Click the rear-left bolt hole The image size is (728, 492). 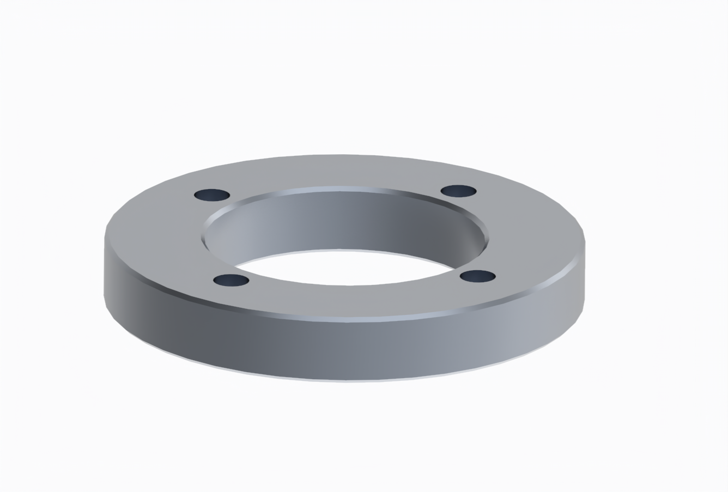[212, 195]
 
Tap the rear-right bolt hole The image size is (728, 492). [458, 191]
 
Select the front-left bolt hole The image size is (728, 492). [231, 281]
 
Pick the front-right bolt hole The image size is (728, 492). [477, 276]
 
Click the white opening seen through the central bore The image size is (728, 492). [343, 267]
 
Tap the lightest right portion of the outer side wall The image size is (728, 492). [534, 321]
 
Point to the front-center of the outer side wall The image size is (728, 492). [349, 349]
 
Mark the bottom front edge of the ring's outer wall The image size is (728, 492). [349, 381]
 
